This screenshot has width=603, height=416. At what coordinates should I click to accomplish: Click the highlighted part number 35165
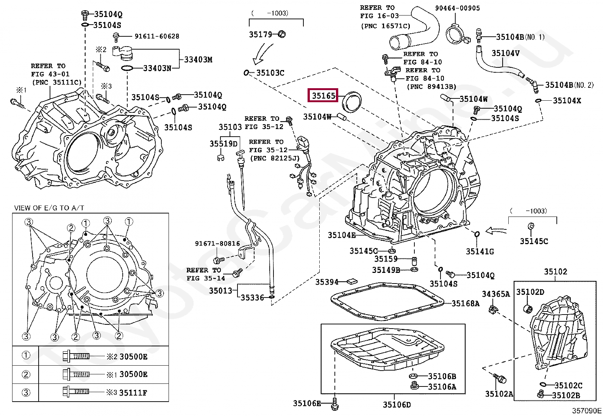323,95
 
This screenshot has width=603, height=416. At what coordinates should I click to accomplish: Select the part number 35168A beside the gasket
466,303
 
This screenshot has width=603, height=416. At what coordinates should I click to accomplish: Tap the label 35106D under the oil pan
397,404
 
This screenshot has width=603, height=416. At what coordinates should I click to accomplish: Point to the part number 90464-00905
458,8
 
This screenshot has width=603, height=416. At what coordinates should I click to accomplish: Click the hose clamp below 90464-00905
457,34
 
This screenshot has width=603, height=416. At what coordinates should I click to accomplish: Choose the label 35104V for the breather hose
506,53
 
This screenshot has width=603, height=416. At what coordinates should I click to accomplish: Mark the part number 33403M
198,59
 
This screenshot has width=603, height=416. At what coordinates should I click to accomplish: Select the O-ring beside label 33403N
127,69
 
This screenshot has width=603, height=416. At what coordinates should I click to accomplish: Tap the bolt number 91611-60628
157,36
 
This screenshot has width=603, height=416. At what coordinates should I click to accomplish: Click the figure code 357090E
587,411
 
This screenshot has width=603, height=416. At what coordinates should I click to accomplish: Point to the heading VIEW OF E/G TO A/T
49,208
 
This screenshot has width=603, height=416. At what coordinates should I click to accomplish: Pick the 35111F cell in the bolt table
133,393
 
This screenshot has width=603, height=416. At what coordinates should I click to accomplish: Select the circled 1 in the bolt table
26,355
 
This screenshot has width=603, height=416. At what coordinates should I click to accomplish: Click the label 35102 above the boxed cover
556,271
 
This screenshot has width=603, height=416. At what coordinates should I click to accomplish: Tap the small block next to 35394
352,281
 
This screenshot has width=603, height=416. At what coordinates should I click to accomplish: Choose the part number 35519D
224,144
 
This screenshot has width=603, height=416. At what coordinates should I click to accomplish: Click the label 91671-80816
217,243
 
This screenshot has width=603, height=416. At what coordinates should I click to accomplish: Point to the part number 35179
261,34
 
